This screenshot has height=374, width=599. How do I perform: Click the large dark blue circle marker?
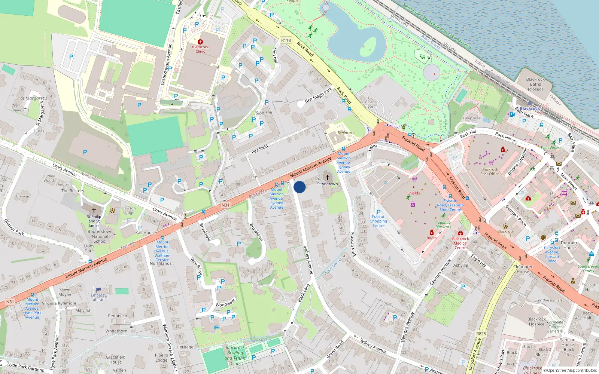(299, 187)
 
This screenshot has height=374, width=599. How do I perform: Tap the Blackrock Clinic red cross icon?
(200, 42)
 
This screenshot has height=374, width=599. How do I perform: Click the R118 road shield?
(286, 40)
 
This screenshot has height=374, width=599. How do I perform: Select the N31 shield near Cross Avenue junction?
(225, 205)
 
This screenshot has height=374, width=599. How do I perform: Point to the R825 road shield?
(481, 334)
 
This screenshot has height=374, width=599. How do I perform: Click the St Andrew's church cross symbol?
(328, 178)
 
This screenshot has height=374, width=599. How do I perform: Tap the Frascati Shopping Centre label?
(378, 221)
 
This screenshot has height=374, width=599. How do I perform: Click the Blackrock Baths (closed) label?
(535, 84)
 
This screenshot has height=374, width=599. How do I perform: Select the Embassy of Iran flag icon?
(98, 289)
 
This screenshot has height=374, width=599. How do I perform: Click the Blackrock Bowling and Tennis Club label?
(235, 355)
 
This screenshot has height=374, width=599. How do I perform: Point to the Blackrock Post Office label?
(490, 171)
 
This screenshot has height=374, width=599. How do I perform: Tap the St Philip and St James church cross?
(94, 211)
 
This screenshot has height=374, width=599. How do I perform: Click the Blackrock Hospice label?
(537, 322)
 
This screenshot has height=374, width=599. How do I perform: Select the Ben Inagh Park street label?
(318, 95)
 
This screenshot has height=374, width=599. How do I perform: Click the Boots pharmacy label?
(431, 238)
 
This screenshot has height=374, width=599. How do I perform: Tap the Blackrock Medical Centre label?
(460, 243)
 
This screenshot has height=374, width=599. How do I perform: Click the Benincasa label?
(346, 133)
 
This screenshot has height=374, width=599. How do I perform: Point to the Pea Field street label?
(260, 149)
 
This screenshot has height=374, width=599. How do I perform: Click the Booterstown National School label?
(100, 236)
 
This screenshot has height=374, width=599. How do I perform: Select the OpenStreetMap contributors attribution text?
(570, 370)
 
